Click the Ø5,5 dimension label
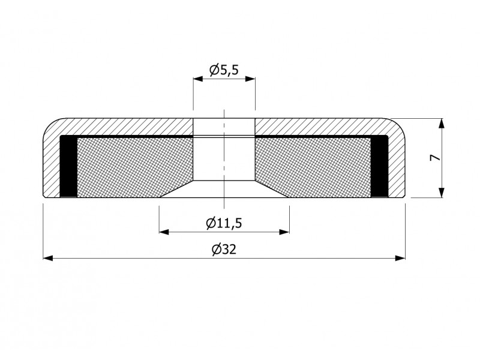[x=224, y=70]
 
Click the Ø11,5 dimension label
[x=224, y=223]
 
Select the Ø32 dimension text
[x=224, y=250]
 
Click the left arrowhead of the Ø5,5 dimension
[x=198, y=79]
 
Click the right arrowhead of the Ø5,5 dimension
[x=250, y=79]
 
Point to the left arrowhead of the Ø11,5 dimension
[x=164, y=232]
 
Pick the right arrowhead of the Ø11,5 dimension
[x=284, y=232]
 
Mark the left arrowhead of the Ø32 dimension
[x=48, y=259]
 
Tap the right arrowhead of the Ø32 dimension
[x=400, y=259]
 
